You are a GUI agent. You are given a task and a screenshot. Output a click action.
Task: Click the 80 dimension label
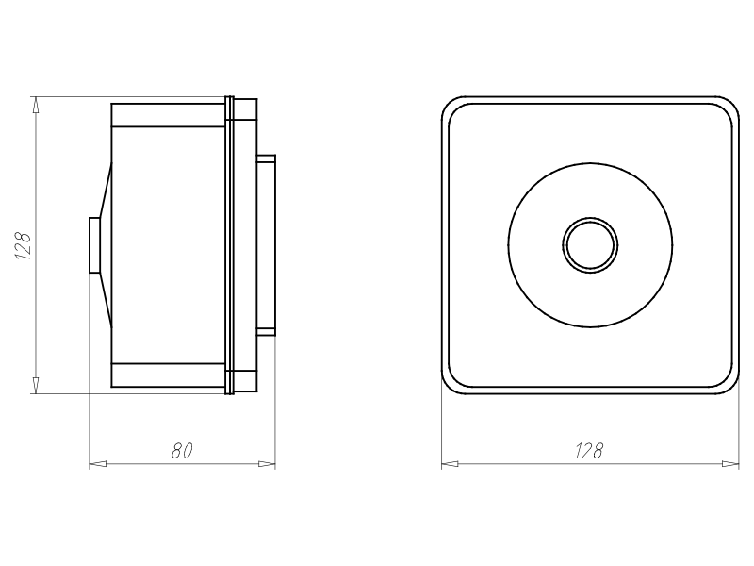pyautogui.click(x=182, y=451)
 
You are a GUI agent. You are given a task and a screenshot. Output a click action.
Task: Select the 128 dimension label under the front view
pyautogui.click(x=588, y=451)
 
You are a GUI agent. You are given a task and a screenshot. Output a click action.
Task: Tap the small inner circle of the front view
pyautogui.click(x=591, y=245)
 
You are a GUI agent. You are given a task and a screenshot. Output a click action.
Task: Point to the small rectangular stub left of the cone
pyautogui.click(x=95, y=245)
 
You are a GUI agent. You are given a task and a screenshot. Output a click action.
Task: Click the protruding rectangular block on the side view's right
pyautogui.click(x=266, y=245)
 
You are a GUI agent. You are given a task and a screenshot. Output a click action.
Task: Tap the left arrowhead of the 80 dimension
pyautogui.click(x=98, y=464)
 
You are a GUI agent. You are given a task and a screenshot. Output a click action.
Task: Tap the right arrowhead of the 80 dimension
pyautogui.click(x=267, y=464)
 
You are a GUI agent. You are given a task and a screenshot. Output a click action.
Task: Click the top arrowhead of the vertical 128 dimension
pyautogui.click(x=36, y=105)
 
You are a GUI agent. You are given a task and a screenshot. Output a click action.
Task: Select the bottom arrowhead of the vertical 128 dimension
pyautogui.click(x=36, y=385)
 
